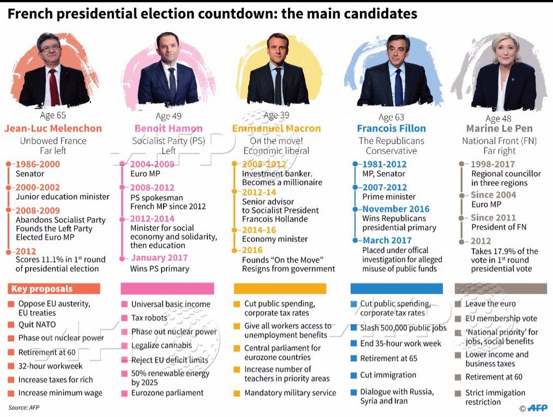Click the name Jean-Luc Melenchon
click(53, 128)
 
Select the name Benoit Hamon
click(168, 128)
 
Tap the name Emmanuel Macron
click(276, 128)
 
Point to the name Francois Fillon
click(391, 128)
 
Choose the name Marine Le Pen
click(499, 128)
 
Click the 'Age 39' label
click(276, 116)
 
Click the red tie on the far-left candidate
click(54, 86)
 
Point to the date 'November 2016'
click(396, 209)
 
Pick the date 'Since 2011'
click(494, 218)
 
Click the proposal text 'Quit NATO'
click(37, 325)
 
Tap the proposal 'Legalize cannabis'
click(161, 346)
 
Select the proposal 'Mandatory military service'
click(290, 393)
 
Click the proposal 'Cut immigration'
click(388, 375)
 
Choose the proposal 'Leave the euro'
click(491, 304)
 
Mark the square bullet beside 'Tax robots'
click(124, 318)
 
